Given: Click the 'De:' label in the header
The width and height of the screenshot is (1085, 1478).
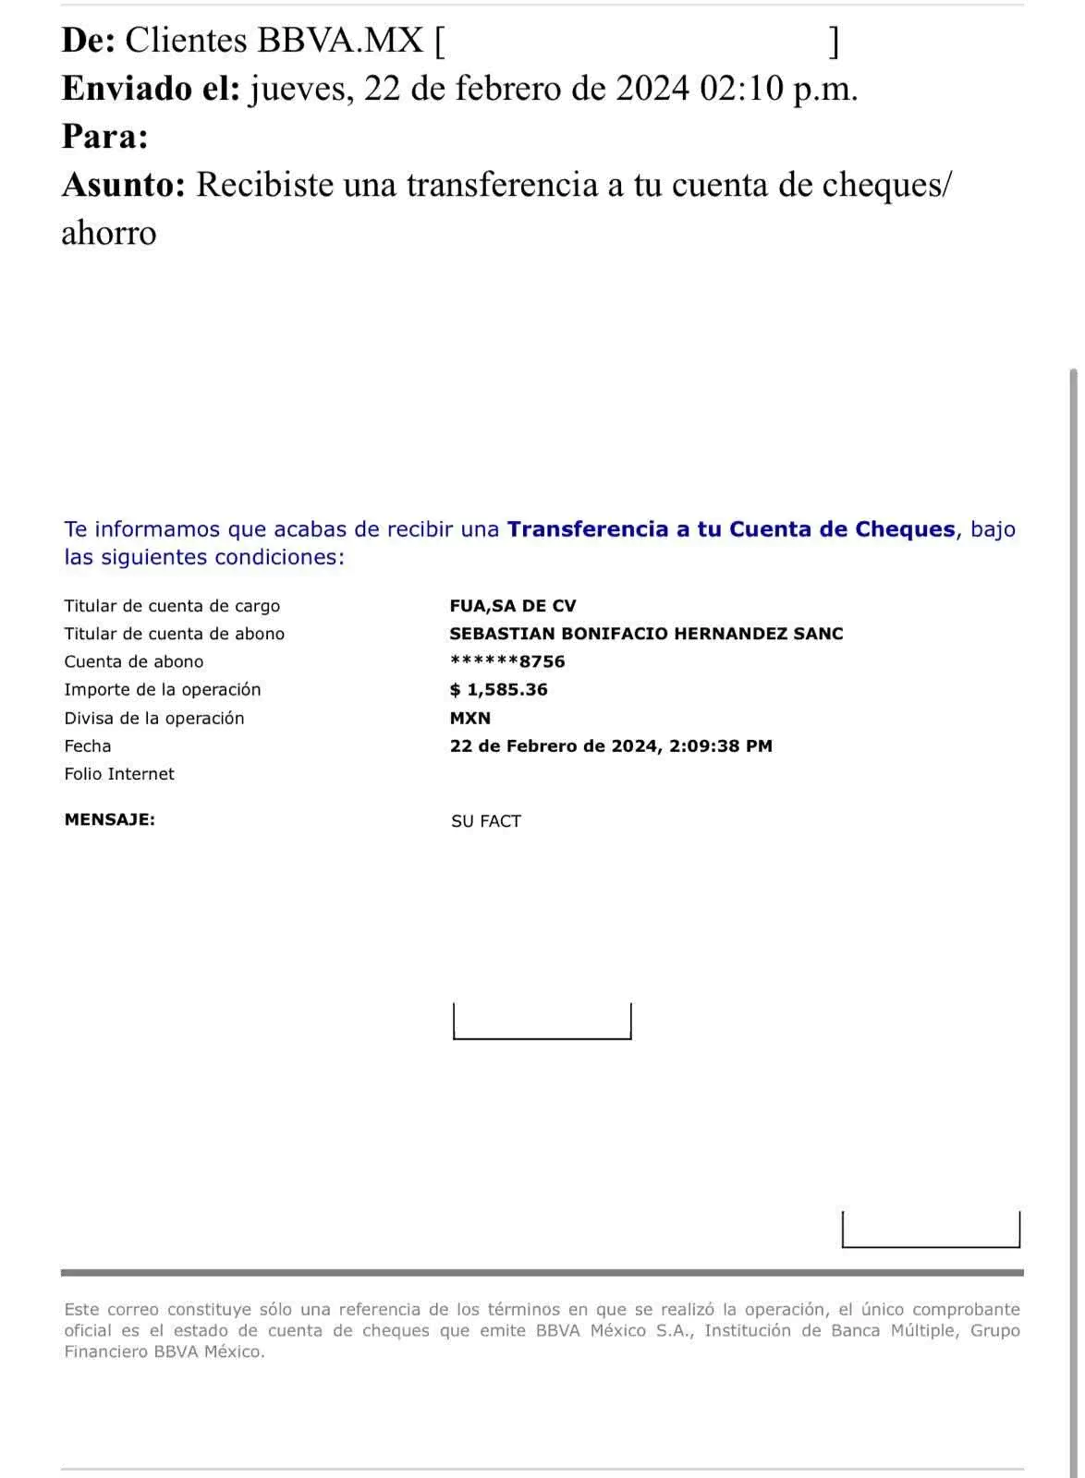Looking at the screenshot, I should (89, 42).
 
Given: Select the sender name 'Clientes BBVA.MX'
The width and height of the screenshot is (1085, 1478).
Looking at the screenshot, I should (274, 42).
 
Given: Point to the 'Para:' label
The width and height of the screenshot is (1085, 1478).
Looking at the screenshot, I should (104, 138).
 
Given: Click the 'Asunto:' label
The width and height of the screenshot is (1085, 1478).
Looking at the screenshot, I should (123, 186).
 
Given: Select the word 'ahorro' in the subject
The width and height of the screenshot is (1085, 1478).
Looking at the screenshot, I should (109, 234).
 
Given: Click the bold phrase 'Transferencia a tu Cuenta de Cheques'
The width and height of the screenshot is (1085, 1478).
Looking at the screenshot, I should (731, 529).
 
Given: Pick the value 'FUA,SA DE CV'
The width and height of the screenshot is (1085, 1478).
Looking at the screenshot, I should (513, 606).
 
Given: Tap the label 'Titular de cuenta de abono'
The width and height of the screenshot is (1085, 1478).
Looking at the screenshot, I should (175, 634).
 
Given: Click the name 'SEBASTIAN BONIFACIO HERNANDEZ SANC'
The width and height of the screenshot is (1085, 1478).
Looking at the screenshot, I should (646, 634).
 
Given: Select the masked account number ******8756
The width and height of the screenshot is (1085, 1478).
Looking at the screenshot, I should (507, 661).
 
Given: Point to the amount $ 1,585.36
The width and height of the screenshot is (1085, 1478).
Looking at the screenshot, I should (498, 690).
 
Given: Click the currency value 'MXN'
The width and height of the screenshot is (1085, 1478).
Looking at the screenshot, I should (471, 718).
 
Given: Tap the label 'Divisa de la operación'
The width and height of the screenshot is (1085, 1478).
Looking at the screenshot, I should (153, 718).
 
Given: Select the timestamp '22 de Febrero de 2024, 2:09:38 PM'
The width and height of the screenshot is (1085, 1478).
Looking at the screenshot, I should (612, 746).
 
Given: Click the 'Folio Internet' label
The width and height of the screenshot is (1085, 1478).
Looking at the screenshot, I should (119, 774).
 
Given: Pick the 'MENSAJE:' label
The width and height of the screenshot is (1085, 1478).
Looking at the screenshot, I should (109, 819).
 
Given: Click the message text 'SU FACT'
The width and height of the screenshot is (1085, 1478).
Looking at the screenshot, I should (485, 821).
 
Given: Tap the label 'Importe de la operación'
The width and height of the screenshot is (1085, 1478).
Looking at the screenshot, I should (163, 690).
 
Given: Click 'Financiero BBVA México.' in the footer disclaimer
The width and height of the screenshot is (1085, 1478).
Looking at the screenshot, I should (163, 1351).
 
